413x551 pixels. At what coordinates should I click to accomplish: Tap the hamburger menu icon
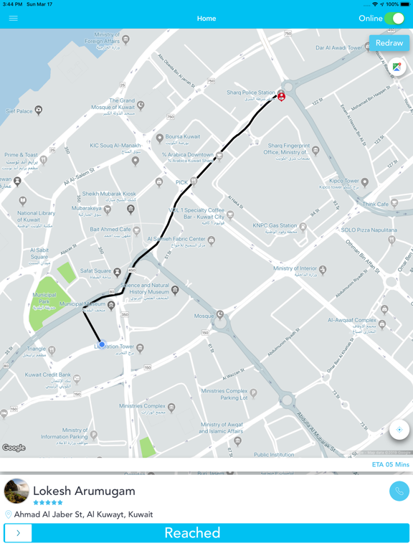13,19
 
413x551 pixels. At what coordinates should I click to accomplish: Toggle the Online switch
394,19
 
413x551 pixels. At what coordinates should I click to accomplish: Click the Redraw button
389,43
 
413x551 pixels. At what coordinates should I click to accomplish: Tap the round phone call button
399,491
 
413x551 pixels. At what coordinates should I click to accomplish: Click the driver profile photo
16,491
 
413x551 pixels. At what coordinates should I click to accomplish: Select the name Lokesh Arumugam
84,491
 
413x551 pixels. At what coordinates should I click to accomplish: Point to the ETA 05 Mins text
390,465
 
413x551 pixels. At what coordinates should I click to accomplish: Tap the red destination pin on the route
281,95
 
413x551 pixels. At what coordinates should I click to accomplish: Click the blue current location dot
102,344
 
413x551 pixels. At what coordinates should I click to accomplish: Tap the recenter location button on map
399,430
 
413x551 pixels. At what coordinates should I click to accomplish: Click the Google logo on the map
14,448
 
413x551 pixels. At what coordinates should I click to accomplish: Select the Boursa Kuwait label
183,136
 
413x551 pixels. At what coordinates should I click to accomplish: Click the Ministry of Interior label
295,268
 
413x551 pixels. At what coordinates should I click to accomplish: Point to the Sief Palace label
19,111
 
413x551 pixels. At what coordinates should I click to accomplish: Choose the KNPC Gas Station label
275,225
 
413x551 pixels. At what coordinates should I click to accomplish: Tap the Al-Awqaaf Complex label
352,320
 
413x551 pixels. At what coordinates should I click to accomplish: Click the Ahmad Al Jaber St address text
83,514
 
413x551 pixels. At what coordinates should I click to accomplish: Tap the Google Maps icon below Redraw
397,67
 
